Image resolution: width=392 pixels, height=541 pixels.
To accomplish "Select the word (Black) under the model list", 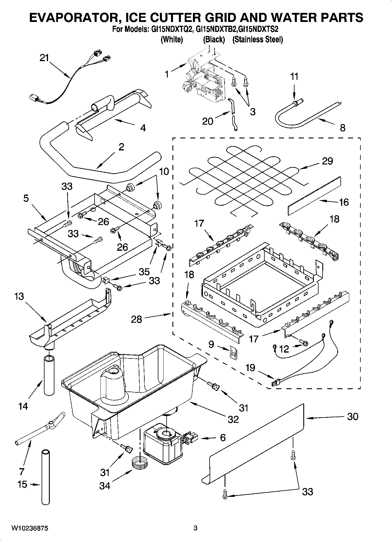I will tap(214, 39).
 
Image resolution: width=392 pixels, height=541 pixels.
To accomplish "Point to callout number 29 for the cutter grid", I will tap(327, 161).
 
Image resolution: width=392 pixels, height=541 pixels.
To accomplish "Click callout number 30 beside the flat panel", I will tap(352, 416).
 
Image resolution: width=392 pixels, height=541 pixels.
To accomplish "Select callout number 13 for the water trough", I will tap(19, 296).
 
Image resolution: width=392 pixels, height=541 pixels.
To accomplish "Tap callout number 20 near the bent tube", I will tap(208, 121).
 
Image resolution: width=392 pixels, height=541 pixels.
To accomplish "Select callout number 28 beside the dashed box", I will tap(136, 319).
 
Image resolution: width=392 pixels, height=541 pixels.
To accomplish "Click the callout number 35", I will tap(144, 272).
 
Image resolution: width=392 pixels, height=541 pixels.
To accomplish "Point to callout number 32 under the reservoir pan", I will tap(233, 419).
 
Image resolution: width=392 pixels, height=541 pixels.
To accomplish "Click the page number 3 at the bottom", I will tap(196, 528).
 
